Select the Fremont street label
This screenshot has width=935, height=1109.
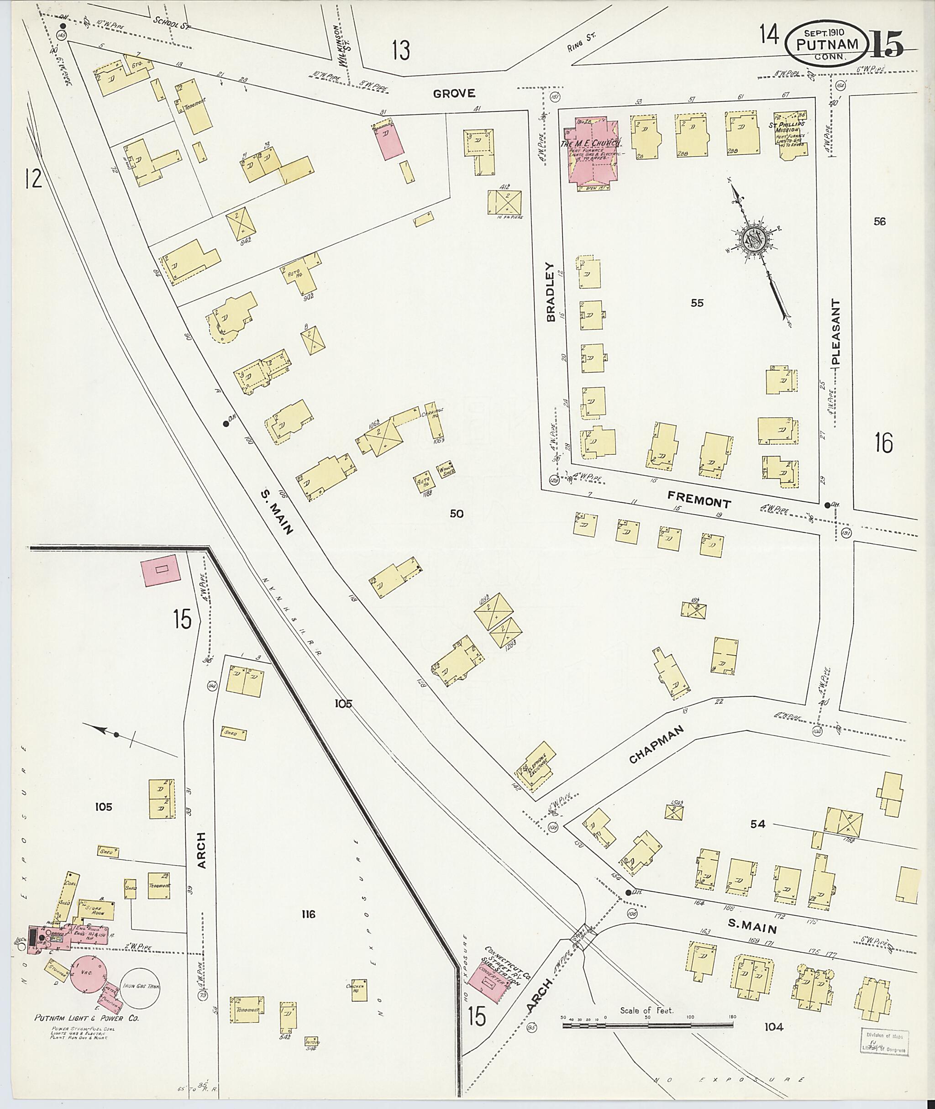699,499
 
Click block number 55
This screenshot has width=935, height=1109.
697,303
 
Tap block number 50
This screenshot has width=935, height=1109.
457,513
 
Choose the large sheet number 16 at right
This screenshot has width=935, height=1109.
883,443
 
